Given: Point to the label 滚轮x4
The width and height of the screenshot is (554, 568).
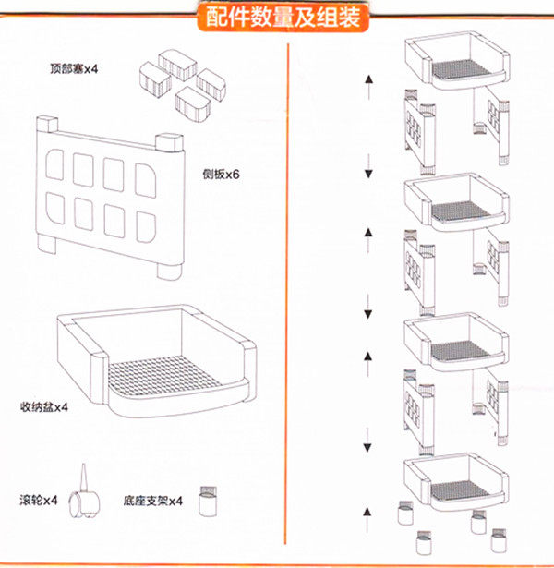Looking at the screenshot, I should click(x=39, y=501).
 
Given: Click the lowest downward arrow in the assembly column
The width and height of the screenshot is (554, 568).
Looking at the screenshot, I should click(x=368, y=441).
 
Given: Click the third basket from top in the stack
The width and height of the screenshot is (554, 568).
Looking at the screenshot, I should click(x=456, y=341).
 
